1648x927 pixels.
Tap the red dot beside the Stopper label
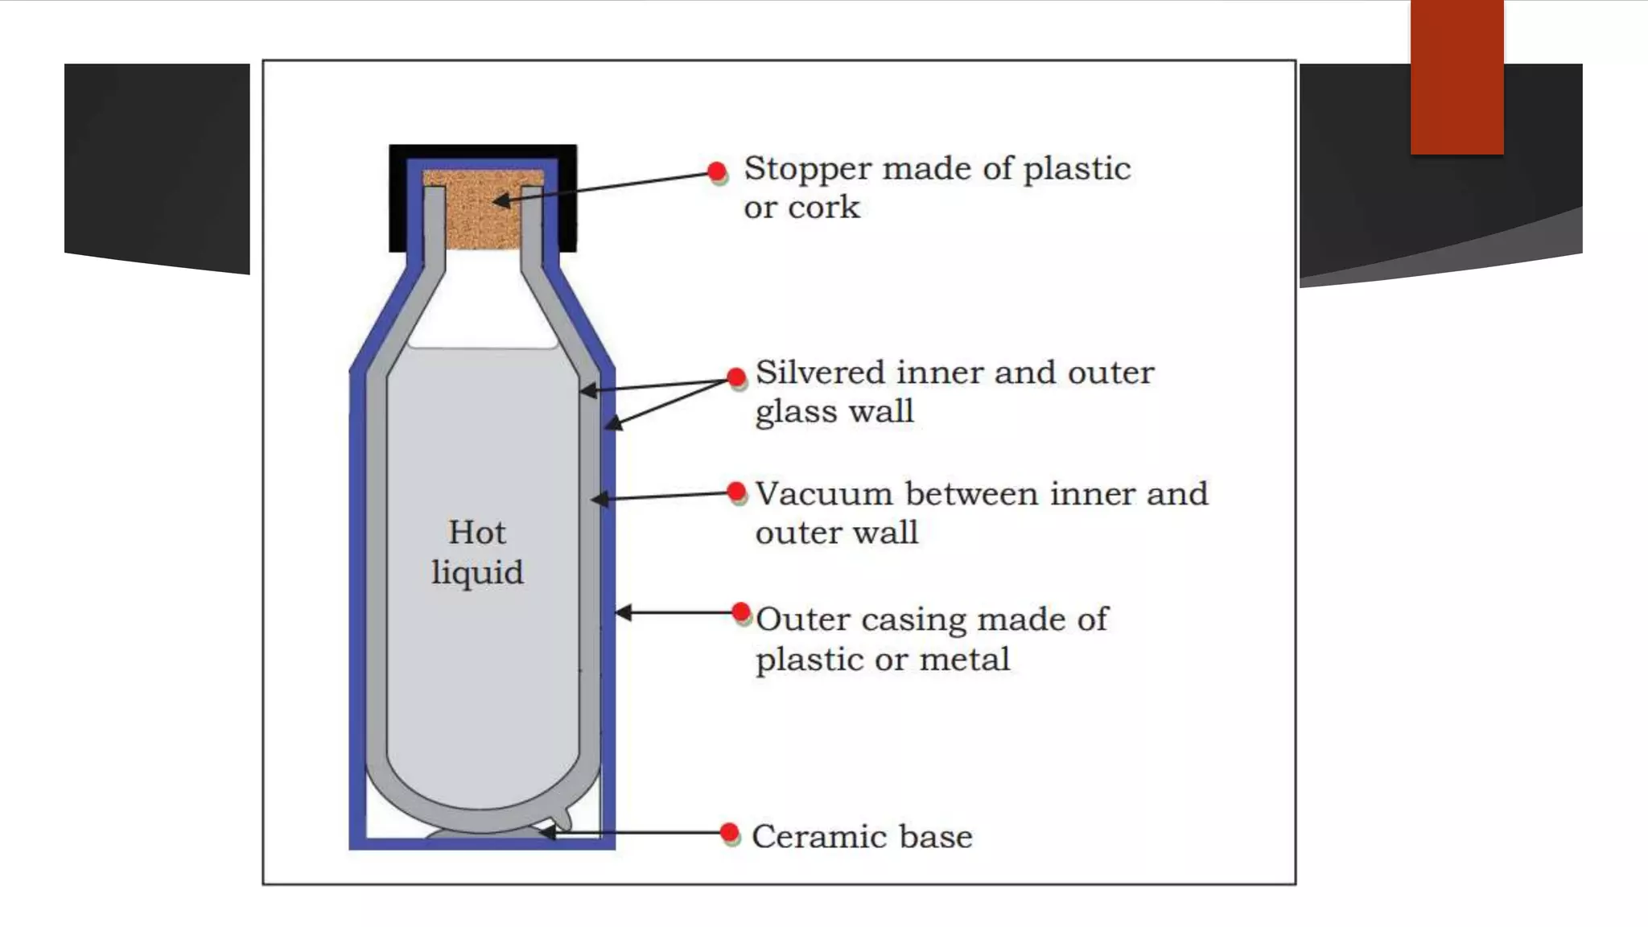[717, 171]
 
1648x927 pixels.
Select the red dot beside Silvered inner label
[736, 377]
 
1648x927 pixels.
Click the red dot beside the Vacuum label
[736, 491]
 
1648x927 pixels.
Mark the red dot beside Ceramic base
[730, 832]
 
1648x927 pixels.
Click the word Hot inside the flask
[477, 532]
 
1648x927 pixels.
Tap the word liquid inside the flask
[477, 573]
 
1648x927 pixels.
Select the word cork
[824, 208]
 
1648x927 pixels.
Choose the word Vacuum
[824, 494]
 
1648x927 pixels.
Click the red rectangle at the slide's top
[1456, 76]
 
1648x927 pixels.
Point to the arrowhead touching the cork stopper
[501, 200]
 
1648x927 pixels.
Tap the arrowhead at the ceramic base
[546, 833]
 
